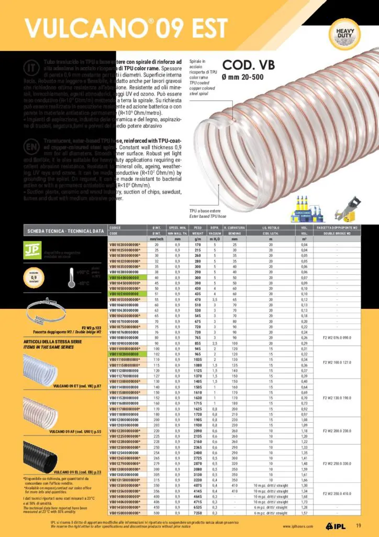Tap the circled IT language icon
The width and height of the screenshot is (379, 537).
[x=31, y=68]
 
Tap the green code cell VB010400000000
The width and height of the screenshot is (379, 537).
[x=124, y=277]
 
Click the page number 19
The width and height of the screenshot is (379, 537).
[x=359, y=526]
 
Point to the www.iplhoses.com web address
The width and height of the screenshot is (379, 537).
[x=298, y=527]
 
